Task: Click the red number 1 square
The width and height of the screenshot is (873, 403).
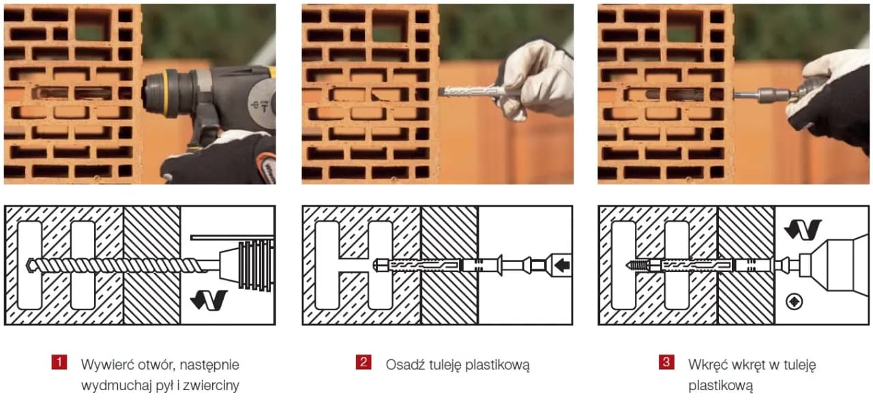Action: tap(59, 362)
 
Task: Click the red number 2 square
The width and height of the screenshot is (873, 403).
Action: tap(364, 362)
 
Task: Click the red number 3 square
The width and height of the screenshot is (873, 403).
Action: tap(666, 362)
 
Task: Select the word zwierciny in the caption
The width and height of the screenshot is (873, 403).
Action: tap(211, 385)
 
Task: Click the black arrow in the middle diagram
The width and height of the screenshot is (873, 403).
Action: tap(562, 265)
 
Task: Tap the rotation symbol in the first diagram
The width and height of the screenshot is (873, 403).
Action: tap(209, 300)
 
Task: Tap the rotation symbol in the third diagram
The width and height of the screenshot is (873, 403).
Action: tap(803, 230)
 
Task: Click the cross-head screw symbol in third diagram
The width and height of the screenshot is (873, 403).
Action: tap(795, 301)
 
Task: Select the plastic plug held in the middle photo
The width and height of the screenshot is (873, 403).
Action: tap(473, 92)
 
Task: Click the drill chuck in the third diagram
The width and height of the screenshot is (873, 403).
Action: tap(834, 266)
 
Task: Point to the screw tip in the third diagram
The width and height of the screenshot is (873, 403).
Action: tap(628, 265)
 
